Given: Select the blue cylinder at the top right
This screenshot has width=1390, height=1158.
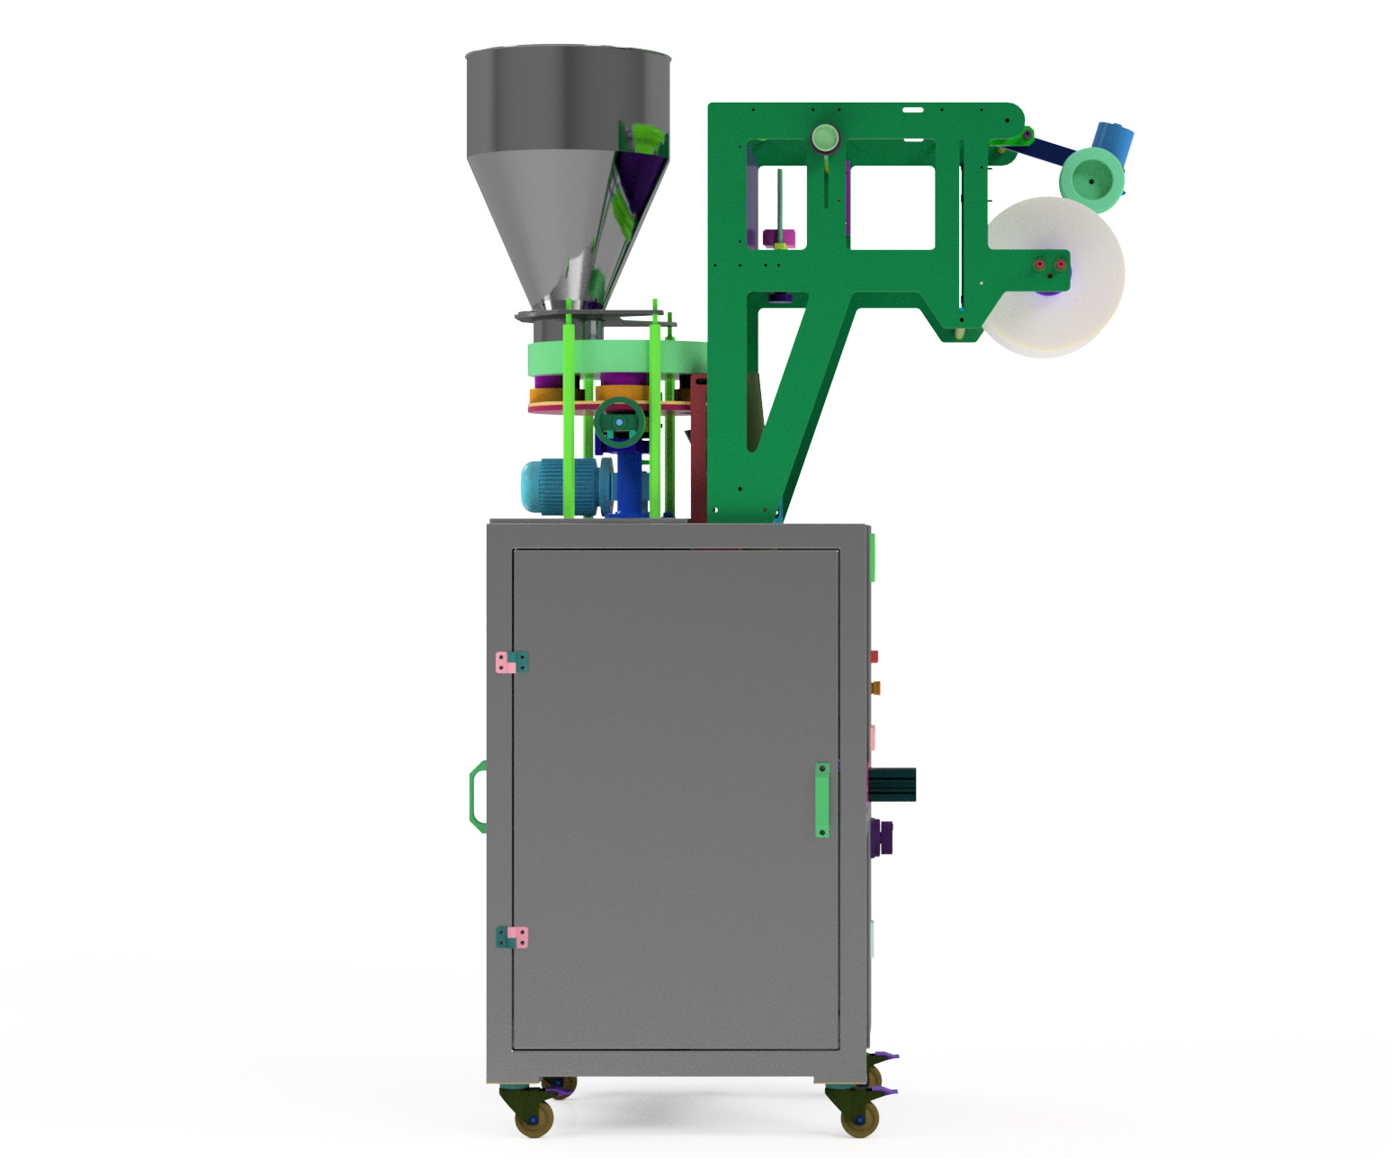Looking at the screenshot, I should (1114, 139).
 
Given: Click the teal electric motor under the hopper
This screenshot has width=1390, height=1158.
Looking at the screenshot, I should (558, 487).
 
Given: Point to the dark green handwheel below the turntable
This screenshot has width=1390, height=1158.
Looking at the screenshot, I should (620, 421).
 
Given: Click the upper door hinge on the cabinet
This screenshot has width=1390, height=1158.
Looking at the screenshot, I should (512, 663).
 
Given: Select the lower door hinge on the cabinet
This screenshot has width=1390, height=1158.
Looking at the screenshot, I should (512, 938).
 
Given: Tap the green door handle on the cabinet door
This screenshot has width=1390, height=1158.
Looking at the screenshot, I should (822, 800).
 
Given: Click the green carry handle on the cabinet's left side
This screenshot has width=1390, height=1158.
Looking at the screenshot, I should (478, 794).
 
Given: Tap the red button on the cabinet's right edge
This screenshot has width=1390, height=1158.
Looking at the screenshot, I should (874, 658).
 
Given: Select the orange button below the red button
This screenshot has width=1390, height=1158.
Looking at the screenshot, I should (874, 687).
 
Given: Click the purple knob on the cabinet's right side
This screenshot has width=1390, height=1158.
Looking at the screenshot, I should (883, 837).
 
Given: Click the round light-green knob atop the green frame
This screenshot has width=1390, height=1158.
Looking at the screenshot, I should (825, 139).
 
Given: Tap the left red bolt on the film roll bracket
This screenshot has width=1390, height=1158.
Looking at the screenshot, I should (1040, 265).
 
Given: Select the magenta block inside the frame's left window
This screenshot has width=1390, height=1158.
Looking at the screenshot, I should (779, 238).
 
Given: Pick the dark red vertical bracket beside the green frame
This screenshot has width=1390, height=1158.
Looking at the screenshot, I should (698, 450).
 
